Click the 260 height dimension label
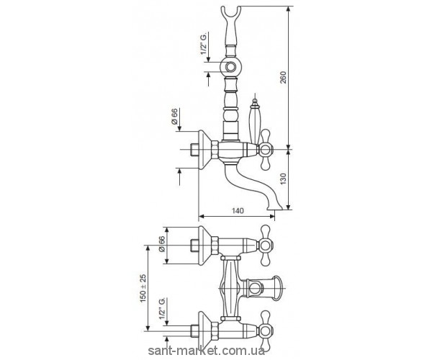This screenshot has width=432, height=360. pos(284,77)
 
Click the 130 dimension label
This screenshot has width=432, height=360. pos(284,179)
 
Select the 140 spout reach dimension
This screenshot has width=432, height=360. pos(238,211)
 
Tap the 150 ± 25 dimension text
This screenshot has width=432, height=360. pos(143,289)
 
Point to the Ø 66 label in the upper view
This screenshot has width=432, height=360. pos(174,117)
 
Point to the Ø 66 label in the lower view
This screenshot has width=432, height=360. pos(161,244)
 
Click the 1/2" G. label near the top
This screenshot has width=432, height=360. pos(204,43)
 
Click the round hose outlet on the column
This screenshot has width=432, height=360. pos(230,67)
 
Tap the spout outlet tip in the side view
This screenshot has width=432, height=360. pos(275,207)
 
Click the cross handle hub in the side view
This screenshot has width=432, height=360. pos(265,150)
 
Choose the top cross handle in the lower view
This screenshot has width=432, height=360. pos(265,245)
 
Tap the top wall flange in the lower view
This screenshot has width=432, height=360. pos(204,245)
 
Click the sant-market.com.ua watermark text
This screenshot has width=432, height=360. pos(207,351)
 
